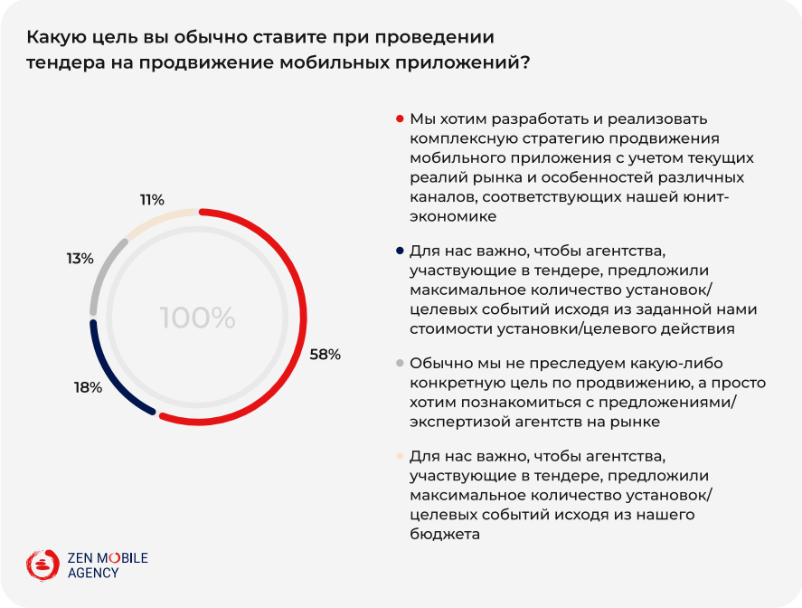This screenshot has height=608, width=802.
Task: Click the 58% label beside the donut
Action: pos(325,354)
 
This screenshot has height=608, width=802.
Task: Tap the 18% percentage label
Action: pos(88,388)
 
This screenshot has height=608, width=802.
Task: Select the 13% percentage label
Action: pos(80,259)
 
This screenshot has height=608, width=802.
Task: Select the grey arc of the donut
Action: pos(102,272)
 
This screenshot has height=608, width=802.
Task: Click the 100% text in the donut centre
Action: pos(198,318)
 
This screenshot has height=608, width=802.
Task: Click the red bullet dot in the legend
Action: pos(400,119)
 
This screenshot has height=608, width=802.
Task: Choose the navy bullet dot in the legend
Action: pos(400,250)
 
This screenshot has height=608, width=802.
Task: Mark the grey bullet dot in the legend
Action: pos(400,364)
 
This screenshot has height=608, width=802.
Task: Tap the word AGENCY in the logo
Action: pos(93,573)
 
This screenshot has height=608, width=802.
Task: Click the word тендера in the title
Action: pos(65,63)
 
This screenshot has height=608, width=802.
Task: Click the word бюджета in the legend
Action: pos(444,535)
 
